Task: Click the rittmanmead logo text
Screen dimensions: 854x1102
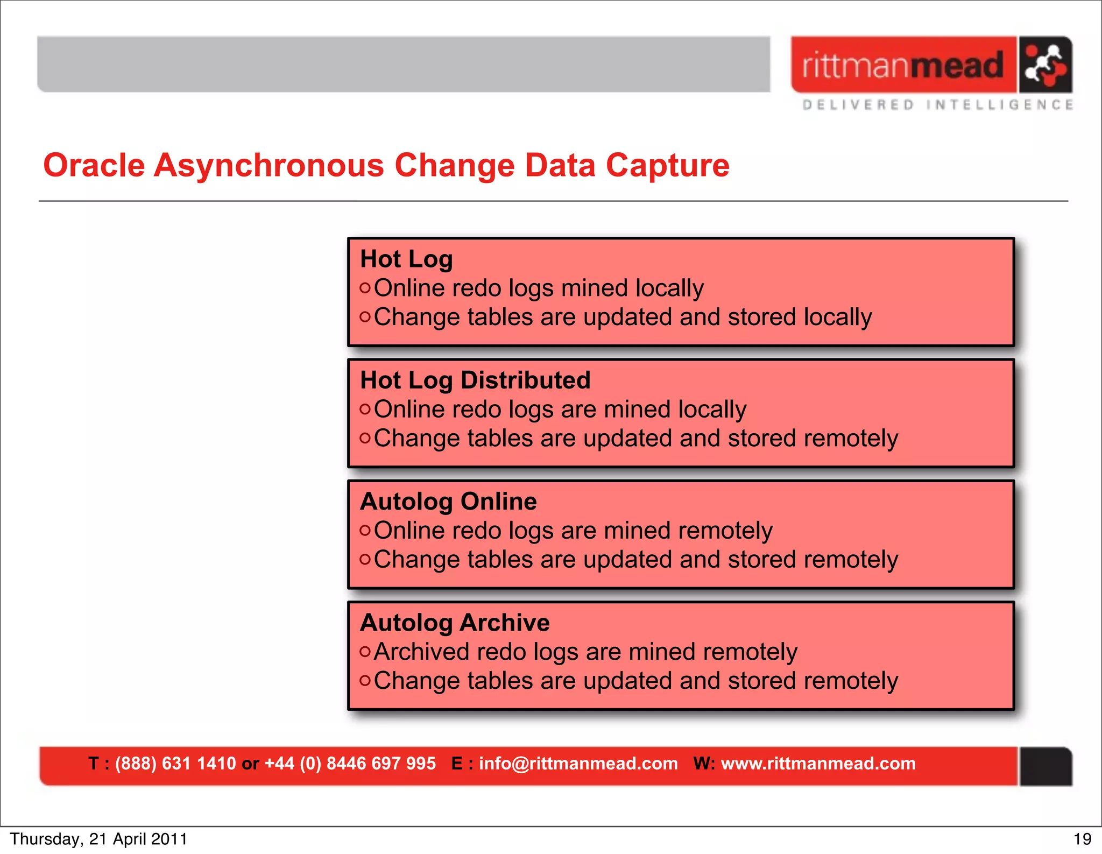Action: [902, 66]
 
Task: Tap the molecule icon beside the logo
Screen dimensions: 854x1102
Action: [1045, 65]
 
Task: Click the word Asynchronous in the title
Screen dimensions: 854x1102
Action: [269, 165]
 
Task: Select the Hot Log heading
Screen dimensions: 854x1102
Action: [406, 259]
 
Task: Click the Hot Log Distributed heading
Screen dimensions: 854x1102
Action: [475, 380]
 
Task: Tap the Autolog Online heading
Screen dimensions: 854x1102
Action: [448, 501]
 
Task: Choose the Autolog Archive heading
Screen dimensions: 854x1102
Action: [455, 623]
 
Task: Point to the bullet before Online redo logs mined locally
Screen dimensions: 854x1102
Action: [365, 288]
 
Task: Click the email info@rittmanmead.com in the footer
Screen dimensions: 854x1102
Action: [578, 763]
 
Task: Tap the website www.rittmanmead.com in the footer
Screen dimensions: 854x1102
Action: [818, 763]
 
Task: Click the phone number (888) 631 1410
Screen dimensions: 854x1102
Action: [175, 763]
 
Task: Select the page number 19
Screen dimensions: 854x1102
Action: [1082, 839]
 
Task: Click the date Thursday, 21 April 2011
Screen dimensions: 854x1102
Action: [98, 839]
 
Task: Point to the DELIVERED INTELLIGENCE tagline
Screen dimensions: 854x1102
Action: [937, 105]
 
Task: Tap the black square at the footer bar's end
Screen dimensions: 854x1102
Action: [1046, 766]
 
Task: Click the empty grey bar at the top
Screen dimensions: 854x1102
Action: [404, 64]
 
